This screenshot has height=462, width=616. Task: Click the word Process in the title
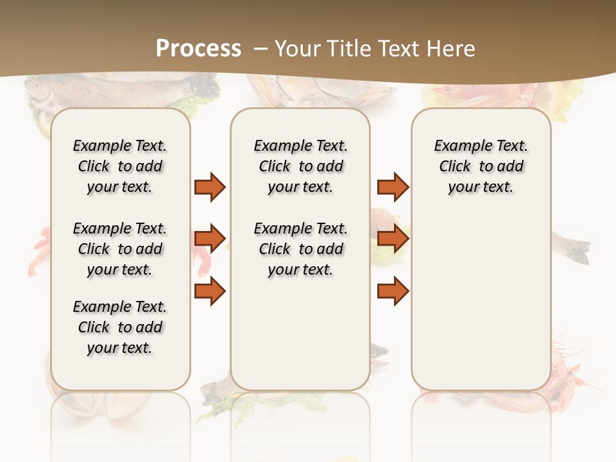click(x=198, y=48)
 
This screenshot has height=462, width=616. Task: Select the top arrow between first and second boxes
click(x=210, y=187)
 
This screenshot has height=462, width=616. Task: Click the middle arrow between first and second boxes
click(x=210, y=239)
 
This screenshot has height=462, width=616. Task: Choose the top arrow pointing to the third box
click(x=393, y=187)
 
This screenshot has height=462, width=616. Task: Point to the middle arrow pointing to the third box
click(x=393, y=239)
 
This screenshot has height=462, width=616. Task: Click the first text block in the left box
click(x=120, y=166)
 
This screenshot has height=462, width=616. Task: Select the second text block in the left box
click(x=120, y=249)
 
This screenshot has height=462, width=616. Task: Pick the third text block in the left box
click(x=120, y=327)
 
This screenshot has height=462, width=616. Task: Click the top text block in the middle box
click(x=300, y=166)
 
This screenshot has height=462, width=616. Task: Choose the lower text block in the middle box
click(x=300, y=249)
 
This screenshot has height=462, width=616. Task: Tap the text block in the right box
click(x=481, y=166)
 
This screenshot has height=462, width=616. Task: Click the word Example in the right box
click(x=458, y=146)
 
